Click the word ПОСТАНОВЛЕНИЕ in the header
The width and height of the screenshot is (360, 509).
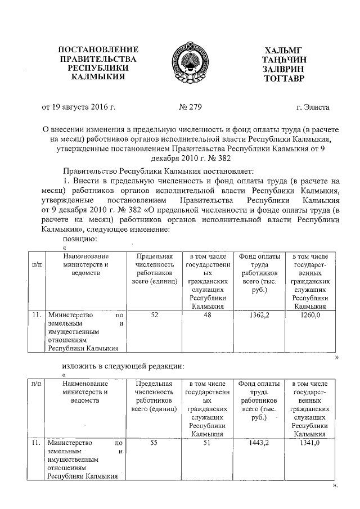tap(98, 50)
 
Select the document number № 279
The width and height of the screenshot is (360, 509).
tap(190, 106)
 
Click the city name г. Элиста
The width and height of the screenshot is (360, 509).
tap(313, 106)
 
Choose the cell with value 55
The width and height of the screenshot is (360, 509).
tap(154, 443)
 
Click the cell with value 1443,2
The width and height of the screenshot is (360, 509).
tap(259, 443)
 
